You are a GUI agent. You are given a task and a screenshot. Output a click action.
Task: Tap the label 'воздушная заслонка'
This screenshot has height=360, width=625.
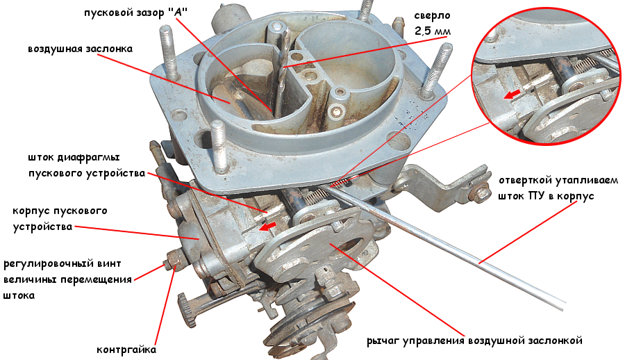pos(80,49)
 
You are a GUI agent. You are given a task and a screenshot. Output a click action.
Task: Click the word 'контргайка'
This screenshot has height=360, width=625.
pos(126,350)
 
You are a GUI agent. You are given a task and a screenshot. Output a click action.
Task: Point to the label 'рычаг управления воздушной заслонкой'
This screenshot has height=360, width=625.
pos(474,341)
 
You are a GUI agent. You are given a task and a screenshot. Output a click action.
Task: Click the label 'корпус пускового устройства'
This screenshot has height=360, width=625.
pos(60,218)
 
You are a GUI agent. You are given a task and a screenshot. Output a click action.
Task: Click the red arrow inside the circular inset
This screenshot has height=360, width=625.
pos(511,95)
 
